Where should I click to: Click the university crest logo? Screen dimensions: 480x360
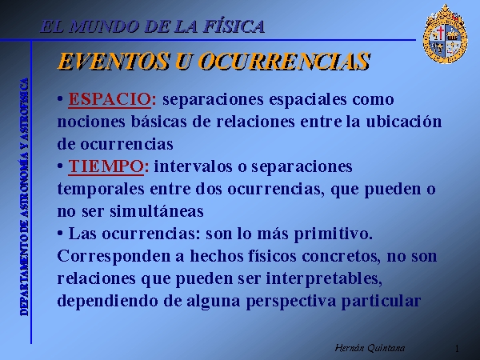pos(445,34)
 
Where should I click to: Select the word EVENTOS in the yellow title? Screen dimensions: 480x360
pos(113,61)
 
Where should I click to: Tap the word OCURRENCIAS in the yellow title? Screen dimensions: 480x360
pos(286,61)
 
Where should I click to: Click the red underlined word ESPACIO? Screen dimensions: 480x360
pos(110,99)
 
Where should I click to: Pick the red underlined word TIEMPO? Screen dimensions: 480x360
pos(106,166)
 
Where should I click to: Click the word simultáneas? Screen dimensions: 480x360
pos(157,211)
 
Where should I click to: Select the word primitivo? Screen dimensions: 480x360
pos(333,234)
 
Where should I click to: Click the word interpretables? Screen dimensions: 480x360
pos(323,279)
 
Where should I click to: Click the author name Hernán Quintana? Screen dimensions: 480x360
pos(370,348)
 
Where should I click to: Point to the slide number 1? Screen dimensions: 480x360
pos(457,349)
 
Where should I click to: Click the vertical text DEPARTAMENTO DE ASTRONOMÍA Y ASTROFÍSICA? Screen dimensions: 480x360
pos(25,197)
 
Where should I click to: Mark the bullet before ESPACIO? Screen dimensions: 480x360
pos(60,99)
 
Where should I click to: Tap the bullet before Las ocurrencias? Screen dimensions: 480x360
pos(60,234)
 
